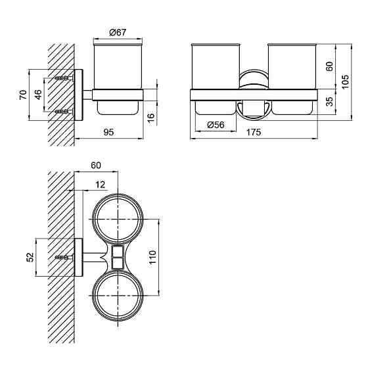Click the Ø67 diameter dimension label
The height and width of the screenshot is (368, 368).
118,32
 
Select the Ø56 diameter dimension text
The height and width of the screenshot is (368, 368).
216,125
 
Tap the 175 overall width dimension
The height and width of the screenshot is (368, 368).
254,132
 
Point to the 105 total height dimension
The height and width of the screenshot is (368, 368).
345,81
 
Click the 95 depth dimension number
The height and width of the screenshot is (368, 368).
108,132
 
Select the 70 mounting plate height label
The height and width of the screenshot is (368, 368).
23,95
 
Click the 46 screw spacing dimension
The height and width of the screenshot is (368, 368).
39,95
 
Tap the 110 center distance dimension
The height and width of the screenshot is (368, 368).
152,257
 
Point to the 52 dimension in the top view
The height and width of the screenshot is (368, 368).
30,257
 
